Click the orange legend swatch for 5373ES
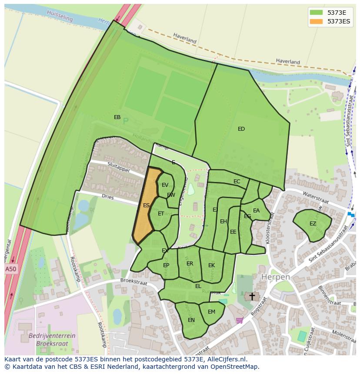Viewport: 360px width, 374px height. pos(316,21)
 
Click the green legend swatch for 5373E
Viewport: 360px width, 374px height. pos(316,12)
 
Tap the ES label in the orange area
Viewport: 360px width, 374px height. pos(147,205)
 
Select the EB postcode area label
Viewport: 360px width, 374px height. pos(117,117)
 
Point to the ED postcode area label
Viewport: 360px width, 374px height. pos(241,129)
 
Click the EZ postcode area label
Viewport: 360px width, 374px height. pos(313,224)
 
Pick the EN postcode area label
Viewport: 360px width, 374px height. pos(191,320)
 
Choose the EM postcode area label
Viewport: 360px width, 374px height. pos(211,312)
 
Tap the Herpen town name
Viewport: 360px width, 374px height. pos(275,277)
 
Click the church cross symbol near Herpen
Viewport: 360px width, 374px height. pos(252,296)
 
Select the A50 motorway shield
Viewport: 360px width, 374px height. pos(11,269)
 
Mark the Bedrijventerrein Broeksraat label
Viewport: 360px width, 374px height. pos(52,339)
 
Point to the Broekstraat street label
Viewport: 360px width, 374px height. pos(133,282)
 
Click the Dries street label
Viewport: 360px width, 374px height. pos(107,197)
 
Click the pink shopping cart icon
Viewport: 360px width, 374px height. pos(239,321)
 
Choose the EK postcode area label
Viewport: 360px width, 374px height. pos(211,265)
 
